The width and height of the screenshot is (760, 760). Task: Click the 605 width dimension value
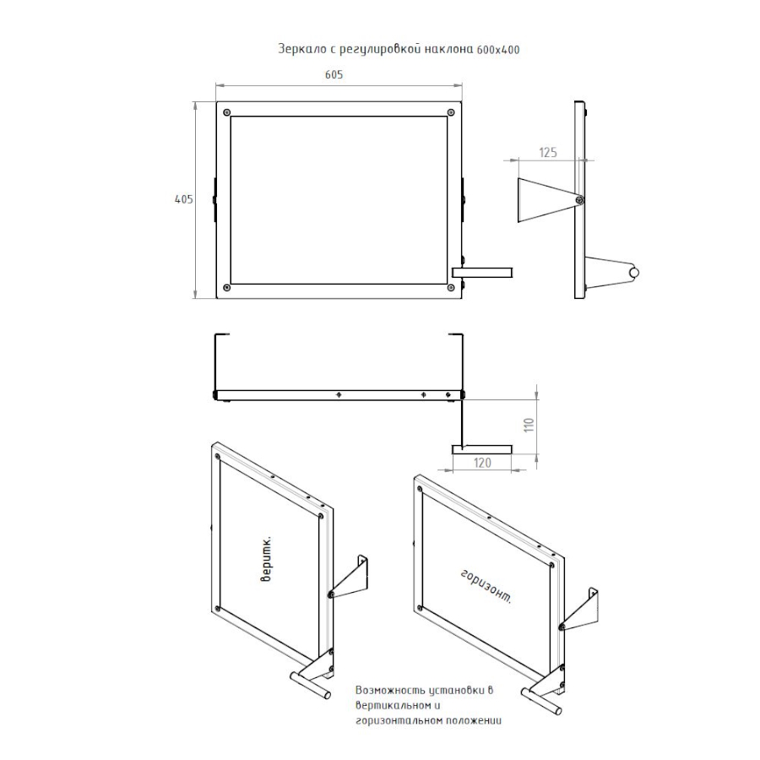334,74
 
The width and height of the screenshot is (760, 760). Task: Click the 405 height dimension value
184,199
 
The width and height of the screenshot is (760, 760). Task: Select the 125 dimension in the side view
548,152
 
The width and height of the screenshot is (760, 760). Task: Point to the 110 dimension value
529,425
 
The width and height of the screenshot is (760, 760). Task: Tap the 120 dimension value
482,463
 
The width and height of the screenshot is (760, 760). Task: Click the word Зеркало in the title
301,49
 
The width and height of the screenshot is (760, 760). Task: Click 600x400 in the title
498,50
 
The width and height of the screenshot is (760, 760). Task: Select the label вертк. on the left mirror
267,559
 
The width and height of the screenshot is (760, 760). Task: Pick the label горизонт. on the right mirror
486,587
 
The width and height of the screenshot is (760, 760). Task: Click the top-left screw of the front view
227,113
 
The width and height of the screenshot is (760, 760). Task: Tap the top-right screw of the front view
451,113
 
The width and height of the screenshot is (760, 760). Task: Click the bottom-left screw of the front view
227,288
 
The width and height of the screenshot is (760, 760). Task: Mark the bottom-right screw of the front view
451,288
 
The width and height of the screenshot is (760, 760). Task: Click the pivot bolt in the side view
579,199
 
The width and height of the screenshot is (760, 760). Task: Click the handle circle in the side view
634,273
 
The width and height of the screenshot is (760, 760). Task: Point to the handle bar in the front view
482,272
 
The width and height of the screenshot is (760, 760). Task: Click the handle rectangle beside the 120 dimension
481,450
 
